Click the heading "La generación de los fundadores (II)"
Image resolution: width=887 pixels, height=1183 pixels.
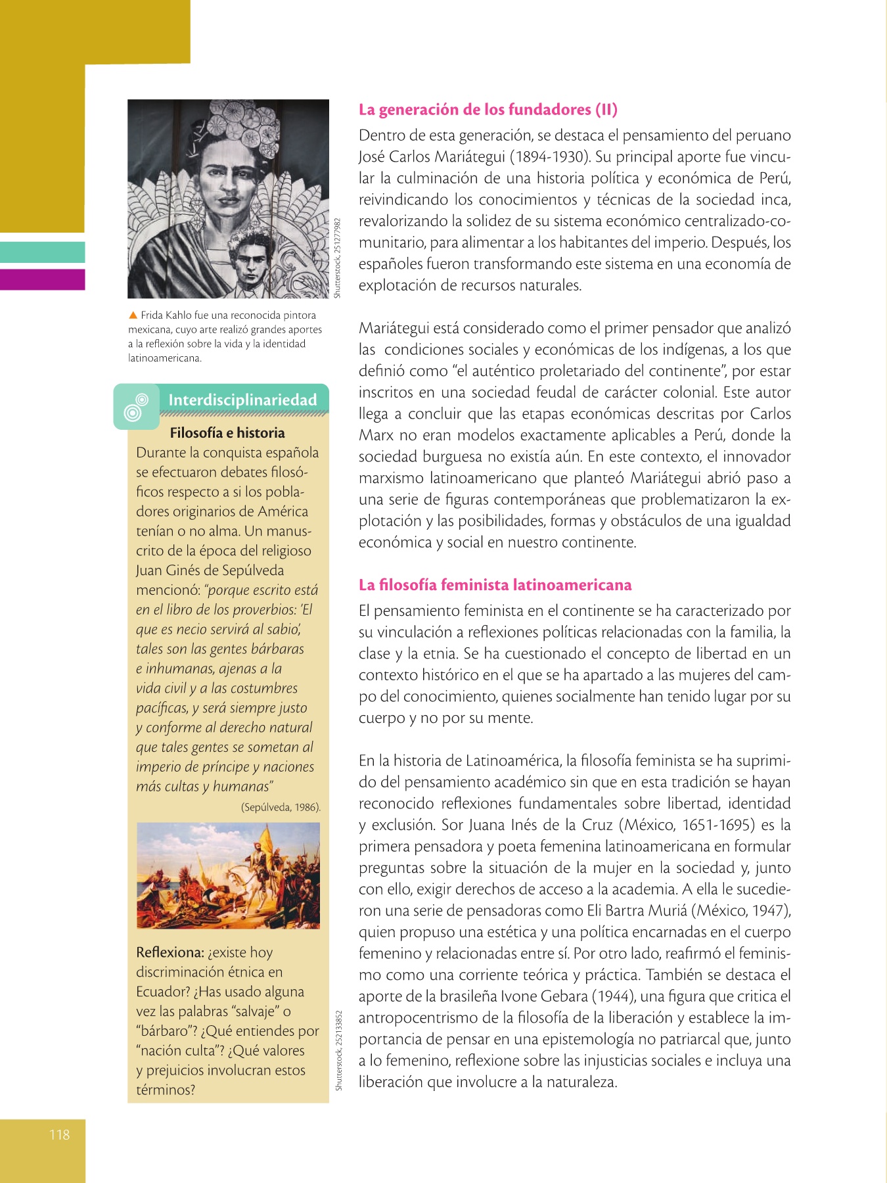point(488,110)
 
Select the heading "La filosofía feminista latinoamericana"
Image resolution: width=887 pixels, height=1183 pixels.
point(495,585)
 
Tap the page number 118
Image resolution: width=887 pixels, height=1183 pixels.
point(59,1134)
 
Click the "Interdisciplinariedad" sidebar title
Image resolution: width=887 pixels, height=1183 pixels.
point(242,400)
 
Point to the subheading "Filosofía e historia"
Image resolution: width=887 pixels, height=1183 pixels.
point(227,433)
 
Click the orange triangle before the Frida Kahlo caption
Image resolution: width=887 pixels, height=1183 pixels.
point(133,315)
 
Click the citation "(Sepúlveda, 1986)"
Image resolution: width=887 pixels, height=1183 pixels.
point(281,807)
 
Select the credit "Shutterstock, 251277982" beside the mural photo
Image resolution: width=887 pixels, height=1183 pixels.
point(337,258)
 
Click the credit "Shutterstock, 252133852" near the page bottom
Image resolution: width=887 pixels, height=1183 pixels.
point(339,1050)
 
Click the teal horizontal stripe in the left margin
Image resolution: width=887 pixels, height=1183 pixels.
point(43,252)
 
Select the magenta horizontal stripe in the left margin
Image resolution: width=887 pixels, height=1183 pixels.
point(43,279)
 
